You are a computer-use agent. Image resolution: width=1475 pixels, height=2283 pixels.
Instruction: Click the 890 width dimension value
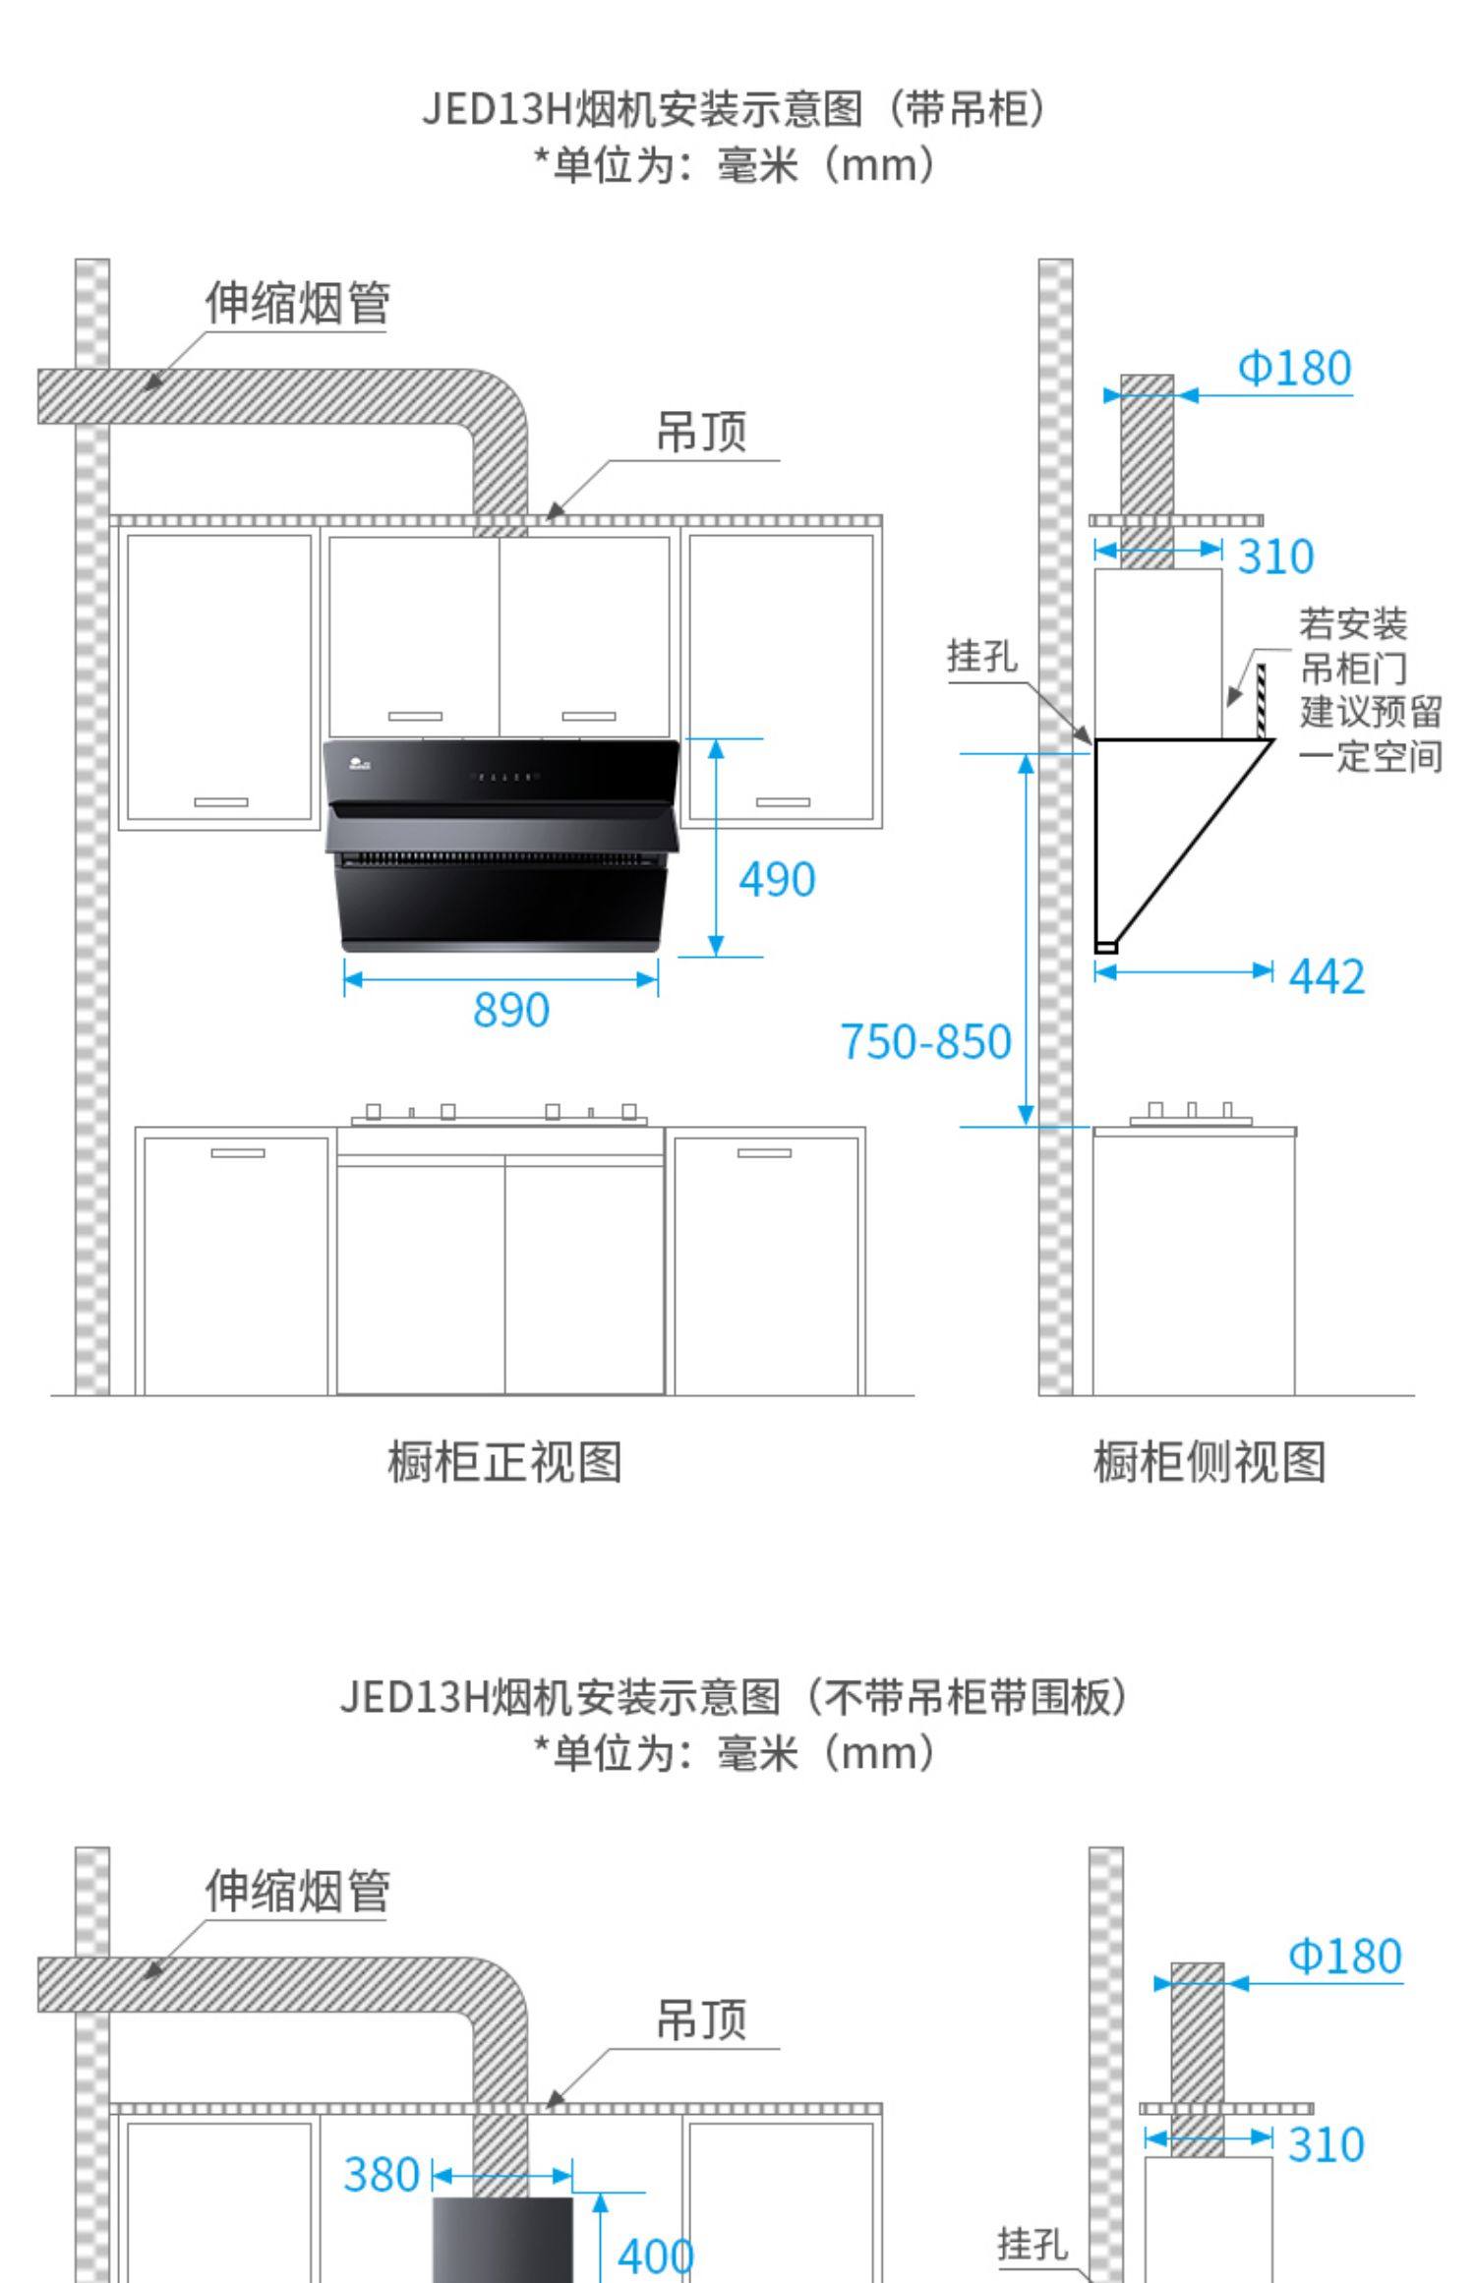point(510,1010)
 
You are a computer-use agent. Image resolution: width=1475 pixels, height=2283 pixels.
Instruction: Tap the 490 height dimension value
point(777,879)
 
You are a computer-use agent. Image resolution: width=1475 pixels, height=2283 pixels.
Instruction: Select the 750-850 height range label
point(925,1041)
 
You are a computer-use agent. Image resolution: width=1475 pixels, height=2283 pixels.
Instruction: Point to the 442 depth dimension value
point(1327,977)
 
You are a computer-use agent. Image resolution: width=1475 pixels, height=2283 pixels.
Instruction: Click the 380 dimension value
point(382,2174)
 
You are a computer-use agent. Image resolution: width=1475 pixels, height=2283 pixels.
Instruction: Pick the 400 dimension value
point(655,2255)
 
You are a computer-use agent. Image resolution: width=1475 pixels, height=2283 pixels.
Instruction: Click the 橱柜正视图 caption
point(504,1462)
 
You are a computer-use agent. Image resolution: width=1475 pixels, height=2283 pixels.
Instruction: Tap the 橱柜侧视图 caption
point(1209,1462)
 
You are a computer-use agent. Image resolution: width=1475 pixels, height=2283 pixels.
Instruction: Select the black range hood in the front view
point(501,846)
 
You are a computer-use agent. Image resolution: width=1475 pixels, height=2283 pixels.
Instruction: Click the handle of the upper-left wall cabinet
point(220,802)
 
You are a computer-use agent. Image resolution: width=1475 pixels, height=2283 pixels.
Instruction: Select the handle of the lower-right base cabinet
point(764,1153)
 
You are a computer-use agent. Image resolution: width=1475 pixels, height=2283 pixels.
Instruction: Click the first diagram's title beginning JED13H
point(736,109)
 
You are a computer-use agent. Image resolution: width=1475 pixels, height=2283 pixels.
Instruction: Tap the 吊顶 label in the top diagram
point(701,432)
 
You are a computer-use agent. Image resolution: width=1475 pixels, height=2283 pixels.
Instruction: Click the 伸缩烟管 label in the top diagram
point(297,303)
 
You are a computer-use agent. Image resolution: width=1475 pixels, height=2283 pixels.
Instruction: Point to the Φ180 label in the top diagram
point(1294,369)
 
